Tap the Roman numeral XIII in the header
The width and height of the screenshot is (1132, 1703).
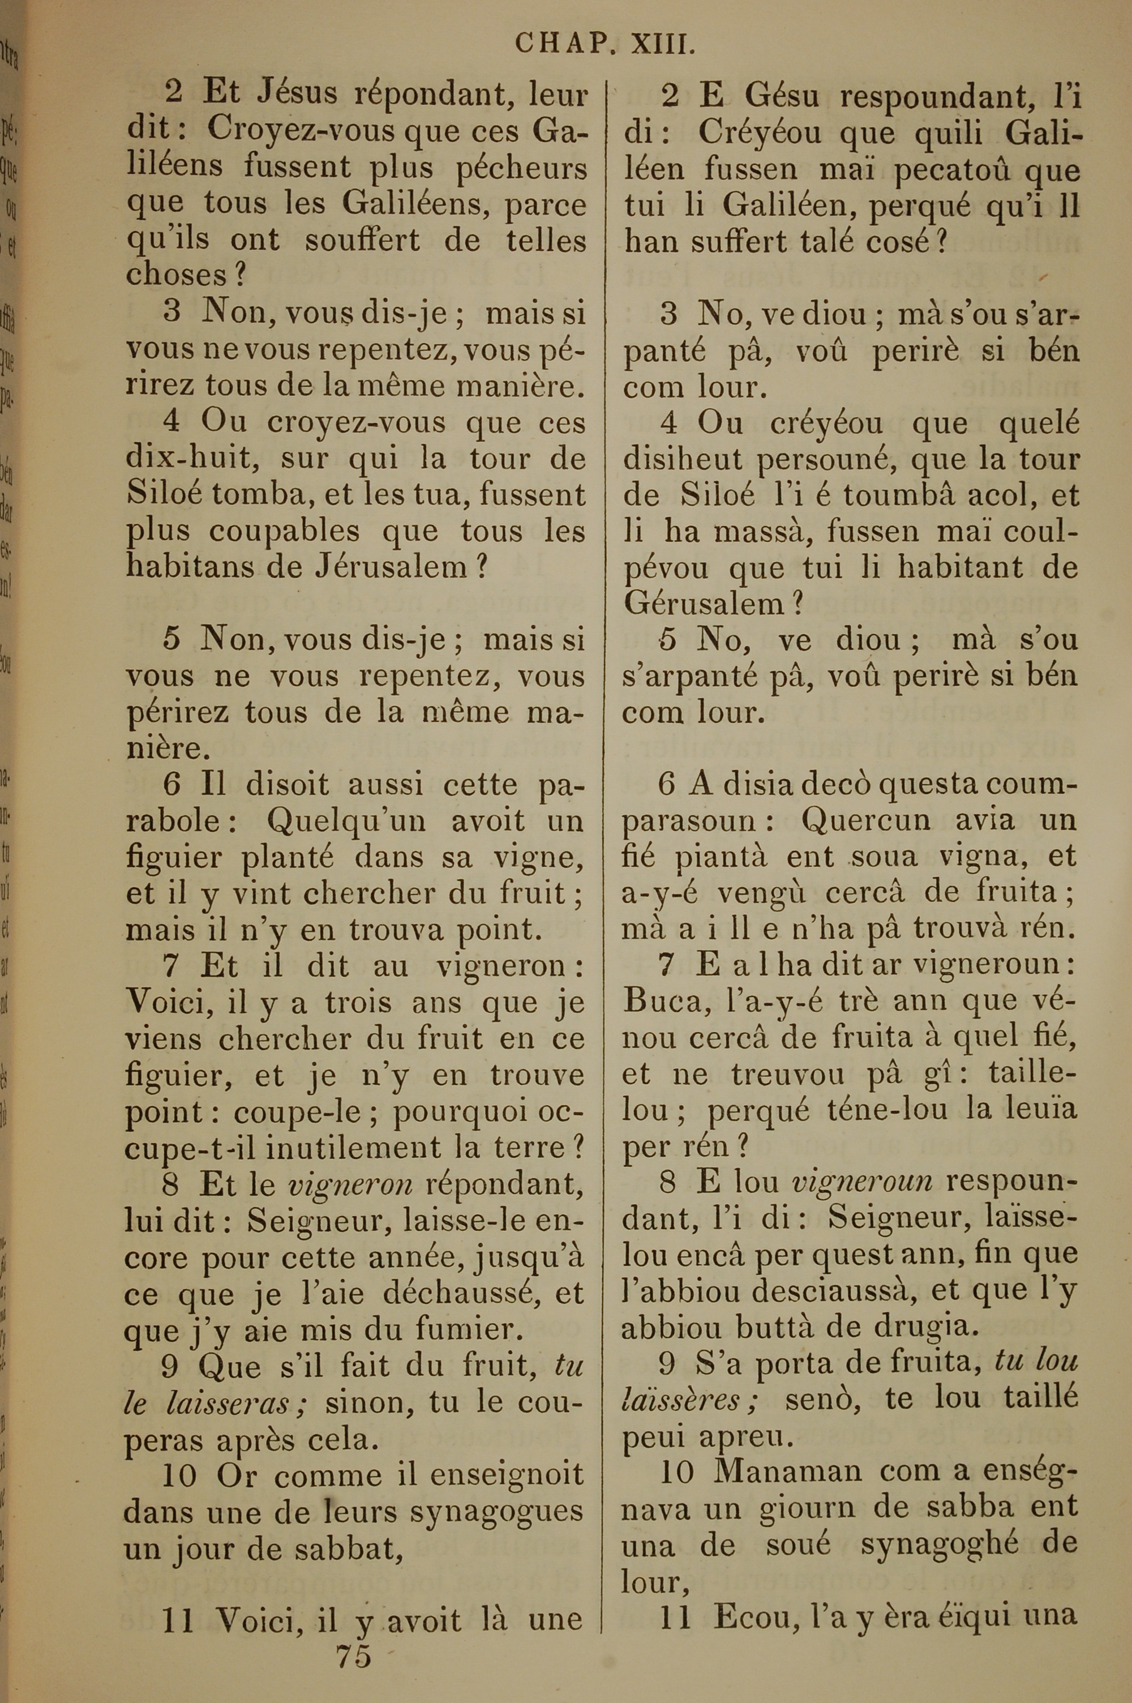coord(663,45)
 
